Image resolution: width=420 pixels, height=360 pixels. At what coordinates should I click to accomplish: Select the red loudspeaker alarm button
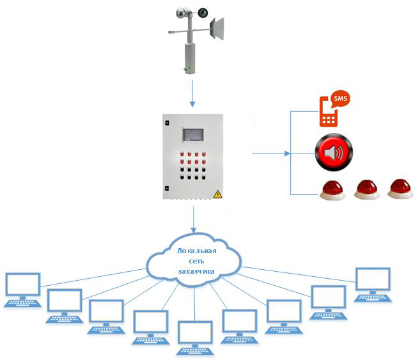(x=332, y=153)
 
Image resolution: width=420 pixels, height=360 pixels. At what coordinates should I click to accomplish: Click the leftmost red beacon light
(x=332, y=190)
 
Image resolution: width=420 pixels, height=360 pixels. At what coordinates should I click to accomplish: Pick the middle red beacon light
(x=368, y=189)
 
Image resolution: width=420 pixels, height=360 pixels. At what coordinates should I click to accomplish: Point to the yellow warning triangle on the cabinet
(x=217, y=194)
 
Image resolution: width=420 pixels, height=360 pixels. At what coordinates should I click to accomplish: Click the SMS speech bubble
(x=339, y=99)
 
